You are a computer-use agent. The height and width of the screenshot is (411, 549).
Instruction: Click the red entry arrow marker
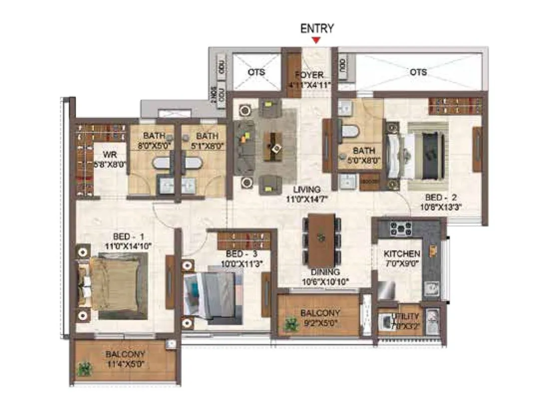coord(316,40)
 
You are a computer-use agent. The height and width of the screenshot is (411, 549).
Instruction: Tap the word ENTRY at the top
coord(316,28)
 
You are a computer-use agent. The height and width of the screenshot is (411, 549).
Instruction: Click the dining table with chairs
coord(321,240)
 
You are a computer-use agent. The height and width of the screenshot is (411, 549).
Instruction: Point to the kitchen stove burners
coord(400,229)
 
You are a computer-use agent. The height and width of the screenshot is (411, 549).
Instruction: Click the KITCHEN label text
coord(402,254)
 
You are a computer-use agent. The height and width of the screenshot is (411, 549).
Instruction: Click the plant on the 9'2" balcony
coord(289,325)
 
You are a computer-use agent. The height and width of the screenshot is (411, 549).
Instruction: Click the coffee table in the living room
coord(273,146)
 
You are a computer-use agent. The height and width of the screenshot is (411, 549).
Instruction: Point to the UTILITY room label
coord(406,316)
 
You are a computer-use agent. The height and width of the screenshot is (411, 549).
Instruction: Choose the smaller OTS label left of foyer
coord(257,72)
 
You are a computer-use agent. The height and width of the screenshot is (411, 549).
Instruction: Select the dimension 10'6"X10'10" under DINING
coord(325,281)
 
